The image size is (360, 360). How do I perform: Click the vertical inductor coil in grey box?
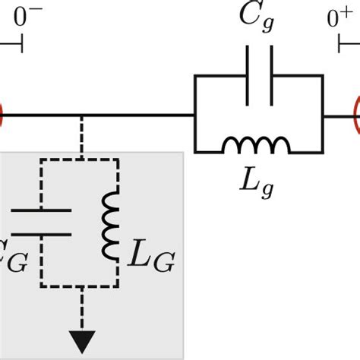[x=112, y=226]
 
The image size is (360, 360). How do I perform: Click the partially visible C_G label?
[x=14, y=262]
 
